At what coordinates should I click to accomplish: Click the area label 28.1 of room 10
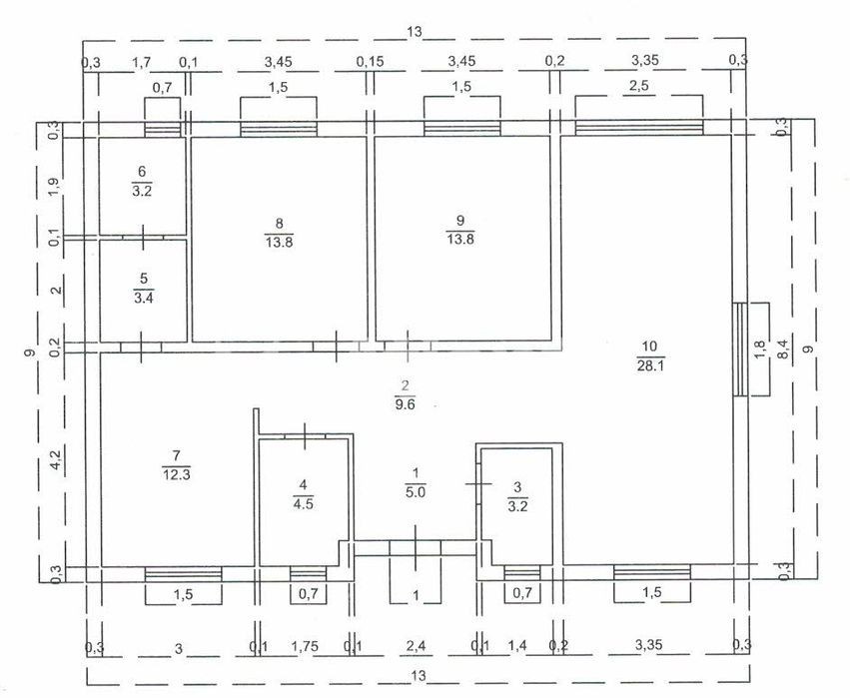[x=650, y=365]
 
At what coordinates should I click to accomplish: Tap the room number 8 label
[x=280, y=223]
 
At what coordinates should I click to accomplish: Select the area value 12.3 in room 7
[x=176, y=475]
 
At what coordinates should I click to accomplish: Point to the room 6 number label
[x=142, y=172]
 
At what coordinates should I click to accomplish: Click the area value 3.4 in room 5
[x=144, y=298]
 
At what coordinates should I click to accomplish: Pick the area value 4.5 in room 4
[x=303, y=504]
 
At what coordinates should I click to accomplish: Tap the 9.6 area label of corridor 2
[x=405, y=404]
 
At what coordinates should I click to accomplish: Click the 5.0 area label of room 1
[x=416, y=492]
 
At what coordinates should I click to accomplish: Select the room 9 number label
[x=460, y=220]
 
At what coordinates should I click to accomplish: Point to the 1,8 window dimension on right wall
[x=760, y=349]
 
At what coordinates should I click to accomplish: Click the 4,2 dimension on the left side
[x=56, y=460]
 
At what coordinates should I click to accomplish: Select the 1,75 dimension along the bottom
[x=305, y=646]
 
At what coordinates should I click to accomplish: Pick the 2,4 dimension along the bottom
[x=416, y=646]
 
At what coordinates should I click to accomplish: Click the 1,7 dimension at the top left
[x=142, y=63]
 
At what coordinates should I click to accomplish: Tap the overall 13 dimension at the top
[x=414, y=31]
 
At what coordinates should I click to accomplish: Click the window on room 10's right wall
[x=740, y=349]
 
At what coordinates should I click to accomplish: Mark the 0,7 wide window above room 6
[x=163, y=129]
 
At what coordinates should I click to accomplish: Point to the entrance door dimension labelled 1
[x=416, y=596]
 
